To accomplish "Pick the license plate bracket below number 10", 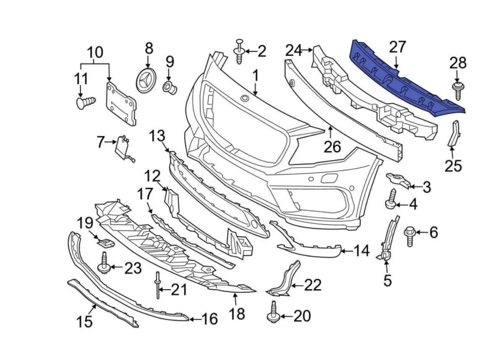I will click(x=121, y=103).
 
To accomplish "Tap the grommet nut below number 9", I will click(x=170, y=89).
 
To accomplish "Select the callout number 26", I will click(x=332, y=146).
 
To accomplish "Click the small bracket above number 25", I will click(x=454, y=134).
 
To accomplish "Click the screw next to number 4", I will click(x=392, y=200).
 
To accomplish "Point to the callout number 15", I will click(x=85, y=322).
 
